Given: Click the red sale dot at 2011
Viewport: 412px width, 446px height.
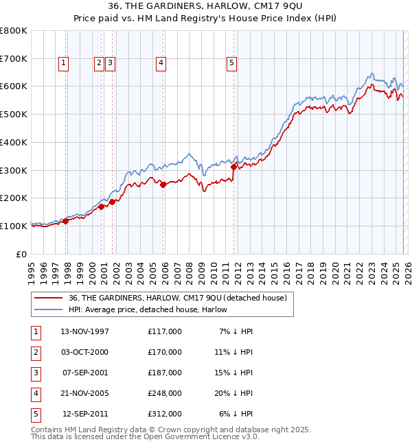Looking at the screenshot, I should (x=233, y=167).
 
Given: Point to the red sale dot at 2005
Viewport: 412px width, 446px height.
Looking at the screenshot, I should (x=163, y=184).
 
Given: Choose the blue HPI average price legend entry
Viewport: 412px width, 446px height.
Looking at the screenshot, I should (x=148, y=309).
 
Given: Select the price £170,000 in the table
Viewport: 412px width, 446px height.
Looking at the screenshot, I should (x=164, y=352).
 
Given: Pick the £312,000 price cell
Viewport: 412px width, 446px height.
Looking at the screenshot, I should (x=164, y=414).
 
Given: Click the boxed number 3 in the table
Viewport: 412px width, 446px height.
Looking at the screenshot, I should (x=34, y=373).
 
